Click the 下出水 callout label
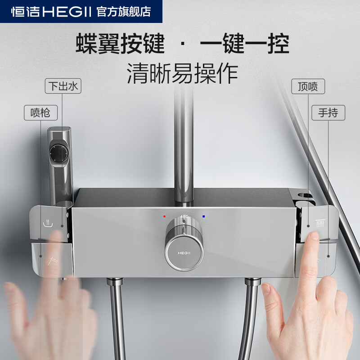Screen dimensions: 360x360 click(x=63, y=86)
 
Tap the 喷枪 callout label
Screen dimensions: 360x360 click(x=40, y=113)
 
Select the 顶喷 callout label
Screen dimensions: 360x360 click(x=308, y=86)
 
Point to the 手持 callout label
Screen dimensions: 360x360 click(x=328, y=112)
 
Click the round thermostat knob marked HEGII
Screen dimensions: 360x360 click(x=183, y=252)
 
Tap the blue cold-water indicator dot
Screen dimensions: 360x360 click(x=204, y=216)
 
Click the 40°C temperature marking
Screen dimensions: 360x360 click(x=184, y=216)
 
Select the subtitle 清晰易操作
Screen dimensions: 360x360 click(x=182, y=73)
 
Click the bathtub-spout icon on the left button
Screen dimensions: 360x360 click(x=46, y=222)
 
